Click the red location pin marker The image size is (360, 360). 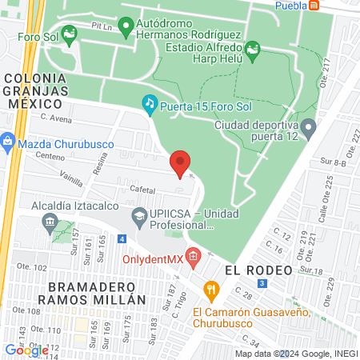(x=181, y=163)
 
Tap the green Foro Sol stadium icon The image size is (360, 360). (x=68, y=34)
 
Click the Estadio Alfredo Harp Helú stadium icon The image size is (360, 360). (x=254, y=50)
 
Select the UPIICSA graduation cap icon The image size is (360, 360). (x=139, y=214)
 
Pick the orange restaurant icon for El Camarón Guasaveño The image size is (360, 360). (x=210, y=289)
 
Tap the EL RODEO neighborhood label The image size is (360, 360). (x=258, y=270)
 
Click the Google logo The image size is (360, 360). (x=26, y=350)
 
